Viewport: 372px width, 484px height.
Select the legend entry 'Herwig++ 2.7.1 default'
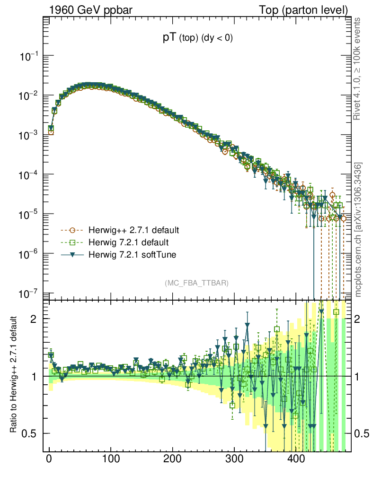133,231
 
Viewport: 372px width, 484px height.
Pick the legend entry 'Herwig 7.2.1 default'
128,243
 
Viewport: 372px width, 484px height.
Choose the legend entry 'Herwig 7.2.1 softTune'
131,255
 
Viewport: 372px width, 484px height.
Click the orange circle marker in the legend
72,231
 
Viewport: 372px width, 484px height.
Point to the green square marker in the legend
72,243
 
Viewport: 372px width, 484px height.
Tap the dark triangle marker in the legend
72,255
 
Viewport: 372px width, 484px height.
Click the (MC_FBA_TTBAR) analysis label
197,283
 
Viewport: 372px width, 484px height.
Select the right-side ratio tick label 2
359,319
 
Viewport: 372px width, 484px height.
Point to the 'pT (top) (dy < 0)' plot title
197,39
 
